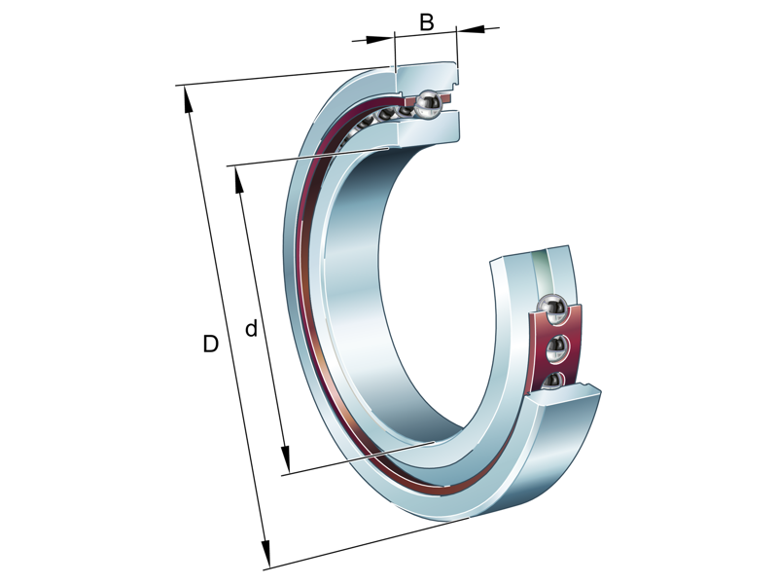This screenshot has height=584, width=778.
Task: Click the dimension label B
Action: (426, 22)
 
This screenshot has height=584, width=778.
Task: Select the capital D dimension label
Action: (210, 344)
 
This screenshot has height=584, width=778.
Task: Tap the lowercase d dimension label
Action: (251, 330)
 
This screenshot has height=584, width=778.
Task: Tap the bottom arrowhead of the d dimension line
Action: (286, 461)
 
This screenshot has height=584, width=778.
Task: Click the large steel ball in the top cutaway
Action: (428, 102)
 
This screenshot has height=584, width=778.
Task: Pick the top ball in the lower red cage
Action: (554, 309)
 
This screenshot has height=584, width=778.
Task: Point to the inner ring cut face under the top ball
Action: (428, 131)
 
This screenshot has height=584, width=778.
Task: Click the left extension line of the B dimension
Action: (395, 54)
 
